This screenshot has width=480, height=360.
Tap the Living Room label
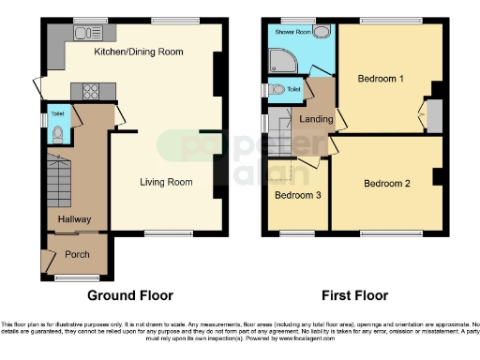159,182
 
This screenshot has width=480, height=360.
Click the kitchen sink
85,32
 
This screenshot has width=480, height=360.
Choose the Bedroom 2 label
387,183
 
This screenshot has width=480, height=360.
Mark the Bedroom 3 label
295,195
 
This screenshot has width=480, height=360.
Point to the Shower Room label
291,31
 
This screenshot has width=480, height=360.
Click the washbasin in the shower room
322,32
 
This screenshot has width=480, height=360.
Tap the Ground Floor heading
129,295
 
